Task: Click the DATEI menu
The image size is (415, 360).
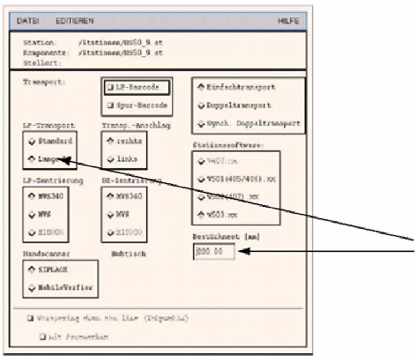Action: (x=28, y=21)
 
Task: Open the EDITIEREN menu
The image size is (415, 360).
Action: (x=75, y=21)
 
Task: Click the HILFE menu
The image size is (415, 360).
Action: (x=288, y=21)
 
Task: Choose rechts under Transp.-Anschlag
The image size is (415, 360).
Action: (x=110, y=141)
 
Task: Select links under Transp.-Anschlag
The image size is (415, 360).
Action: (x=110, y=159)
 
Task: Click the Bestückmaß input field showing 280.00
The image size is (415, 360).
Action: (x=214, y=252)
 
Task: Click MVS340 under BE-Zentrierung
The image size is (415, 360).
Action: (x=110, y=195)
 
